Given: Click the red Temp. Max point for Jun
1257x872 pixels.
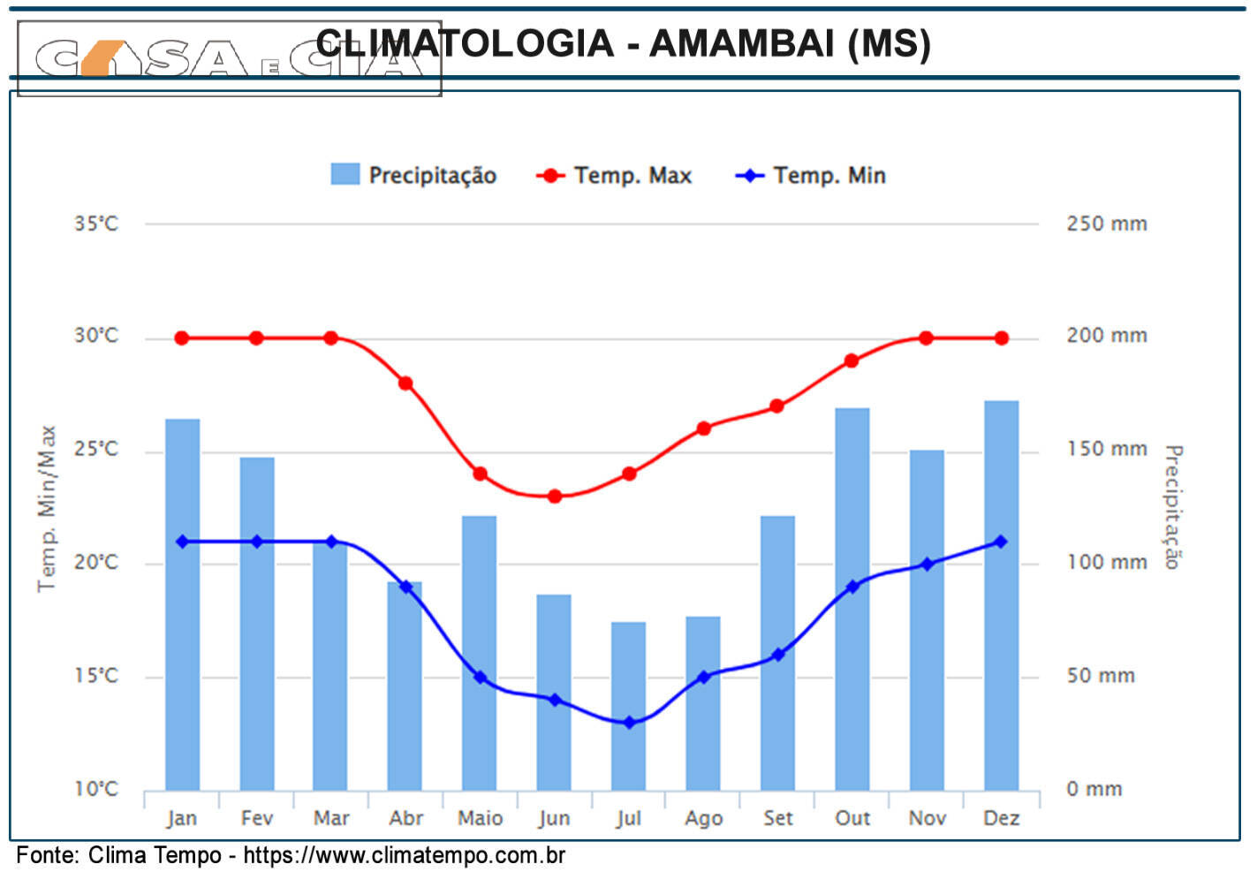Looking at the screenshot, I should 554,497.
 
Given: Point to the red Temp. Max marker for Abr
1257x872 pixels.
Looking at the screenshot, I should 405,383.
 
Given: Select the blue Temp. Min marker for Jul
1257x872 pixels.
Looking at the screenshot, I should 629,723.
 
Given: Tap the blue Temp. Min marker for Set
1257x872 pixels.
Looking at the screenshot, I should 777,655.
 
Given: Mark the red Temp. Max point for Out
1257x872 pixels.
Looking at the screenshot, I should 852,360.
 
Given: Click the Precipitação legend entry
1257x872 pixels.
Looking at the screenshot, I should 413,175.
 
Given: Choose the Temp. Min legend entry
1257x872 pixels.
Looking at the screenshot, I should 811,175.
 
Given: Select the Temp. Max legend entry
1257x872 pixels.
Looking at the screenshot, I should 615,175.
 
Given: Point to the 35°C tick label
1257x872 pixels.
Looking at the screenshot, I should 95,224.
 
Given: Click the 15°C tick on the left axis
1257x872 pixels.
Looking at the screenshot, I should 95,676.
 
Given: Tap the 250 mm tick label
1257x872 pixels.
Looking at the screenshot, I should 1106,224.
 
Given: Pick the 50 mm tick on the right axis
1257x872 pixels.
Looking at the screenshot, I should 1100,676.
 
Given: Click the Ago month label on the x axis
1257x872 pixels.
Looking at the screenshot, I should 703,818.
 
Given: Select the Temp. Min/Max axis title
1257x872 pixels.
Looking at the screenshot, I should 46,508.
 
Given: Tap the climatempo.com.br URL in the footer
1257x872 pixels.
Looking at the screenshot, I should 404,855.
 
